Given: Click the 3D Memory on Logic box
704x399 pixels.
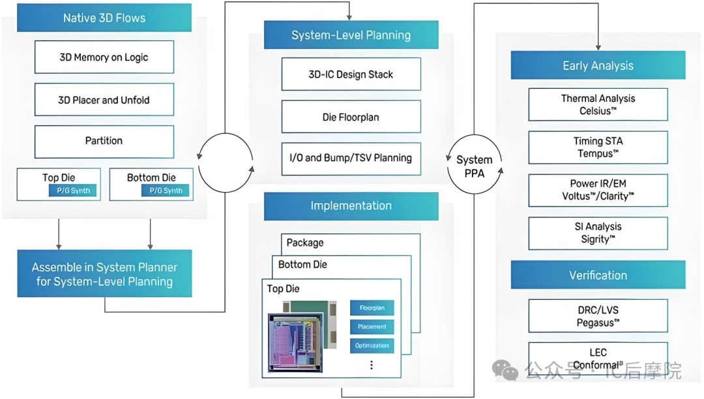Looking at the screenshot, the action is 104,57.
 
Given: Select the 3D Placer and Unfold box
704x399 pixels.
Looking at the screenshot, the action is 104,99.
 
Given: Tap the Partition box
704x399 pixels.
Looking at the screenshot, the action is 104,141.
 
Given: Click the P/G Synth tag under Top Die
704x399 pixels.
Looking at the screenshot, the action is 74,190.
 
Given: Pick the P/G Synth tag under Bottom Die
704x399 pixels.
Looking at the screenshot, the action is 166,190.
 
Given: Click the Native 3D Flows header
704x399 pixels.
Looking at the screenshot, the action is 104,18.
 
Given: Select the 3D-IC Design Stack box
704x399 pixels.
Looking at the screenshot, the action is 351,74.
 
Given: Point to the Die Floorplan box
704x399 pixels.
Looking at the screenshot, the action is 351,116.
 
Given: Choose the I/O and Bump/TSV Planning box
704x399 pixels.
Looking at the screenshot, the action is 351,158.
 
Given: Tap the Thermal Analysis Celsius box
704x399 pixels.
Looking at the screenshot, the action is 598,104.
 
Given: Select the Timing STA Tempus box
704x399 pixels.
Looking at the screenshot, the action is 598,147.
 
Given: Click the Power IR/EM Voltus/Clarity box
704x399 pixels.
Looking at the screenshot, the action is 598,190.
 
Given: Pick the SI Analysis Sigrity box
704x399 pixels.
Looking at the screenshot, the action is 598,233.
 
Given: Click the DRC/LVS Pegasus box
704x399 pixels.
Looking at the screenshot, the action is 598,316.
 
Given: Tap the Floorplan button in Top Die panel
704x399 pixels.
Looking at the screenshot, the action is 372,308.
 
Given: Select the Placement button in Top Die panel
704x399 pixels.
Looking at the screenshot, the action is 372,327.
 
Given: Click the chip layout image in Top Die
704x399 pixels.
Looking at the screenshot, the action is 302,336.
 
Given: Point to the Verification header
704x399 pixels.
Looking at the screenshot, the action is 598,275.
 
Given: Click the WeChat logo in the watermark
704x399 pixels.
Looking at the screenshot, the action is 505,370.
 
